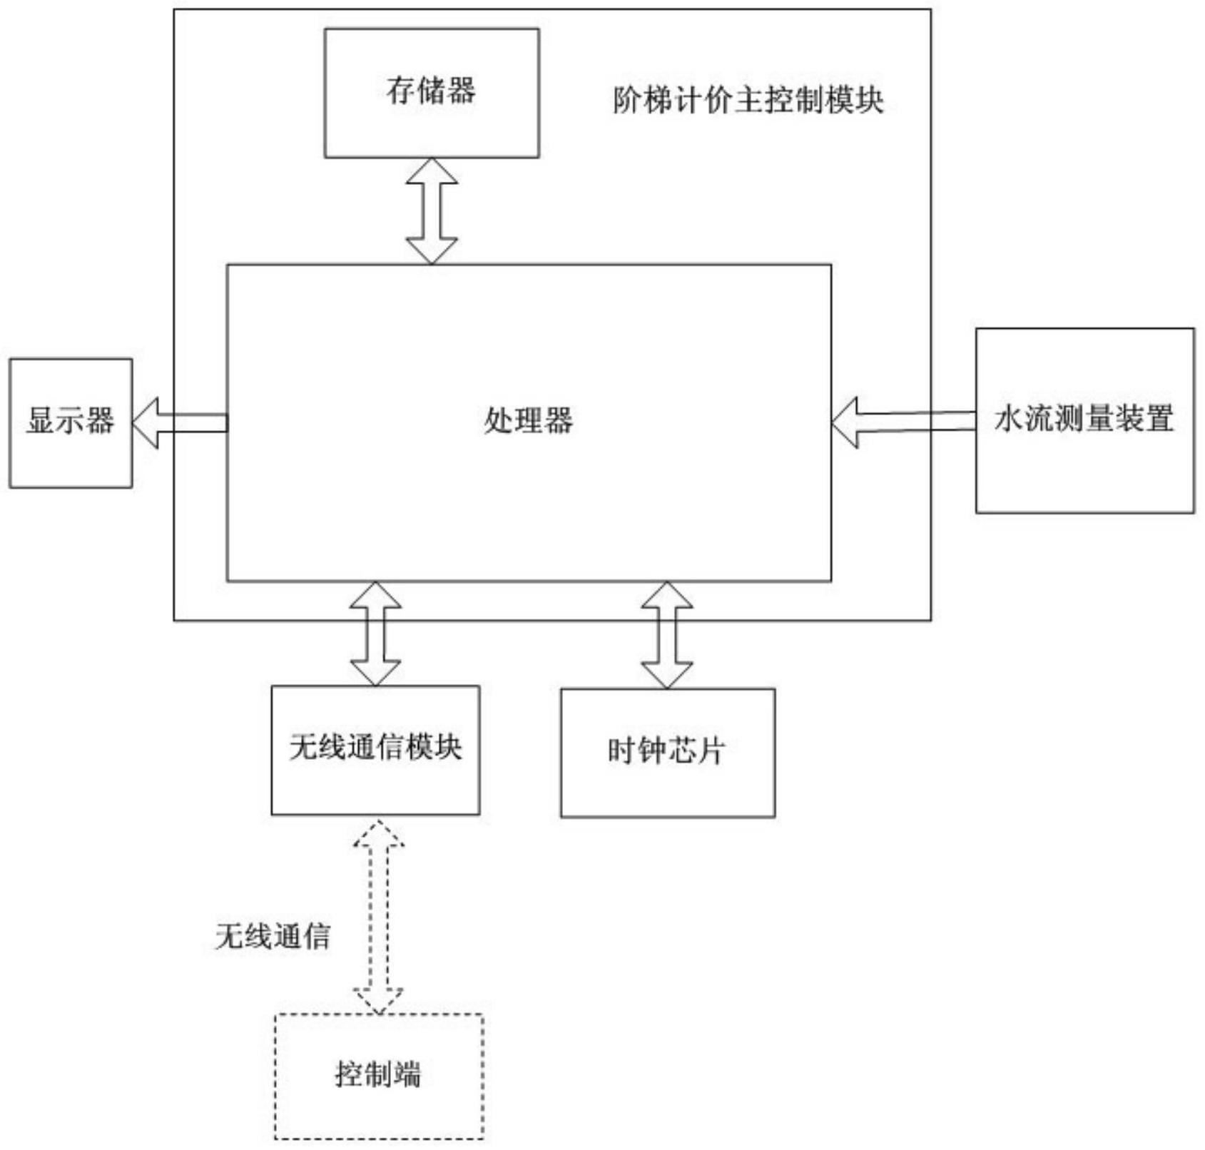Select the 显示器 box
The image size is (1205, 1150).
point(70,457)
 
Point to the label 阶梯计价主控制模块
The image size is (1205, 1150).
point(748,100)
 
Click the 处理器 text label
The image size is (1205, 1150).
point(528,420)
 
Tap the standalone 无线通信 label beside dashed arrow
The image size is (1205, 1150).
point(273,936)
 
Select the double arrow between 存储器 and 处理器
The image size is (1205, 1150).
point(432,210)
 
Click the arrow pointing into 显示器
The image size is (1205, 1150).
point(180,423)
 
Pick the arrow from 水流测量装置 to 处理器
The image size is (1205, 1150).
point(903,422)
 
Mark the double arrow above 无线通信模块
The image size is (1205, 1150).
point(375,633)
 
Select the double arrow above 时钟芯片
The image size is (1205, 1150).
point(666,635)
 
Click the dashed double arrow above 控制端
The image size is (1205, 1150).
point(379,916)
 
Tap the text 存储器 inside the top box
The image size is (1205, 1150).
point(431,91)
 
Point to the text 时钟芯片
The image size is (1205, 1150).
point(666,750)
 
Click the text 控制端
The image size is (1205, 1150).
point(378,1074)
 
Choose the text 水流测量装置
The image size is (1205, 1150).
point(1084,419)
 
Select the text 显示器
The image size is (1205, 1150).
point(70,420)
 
